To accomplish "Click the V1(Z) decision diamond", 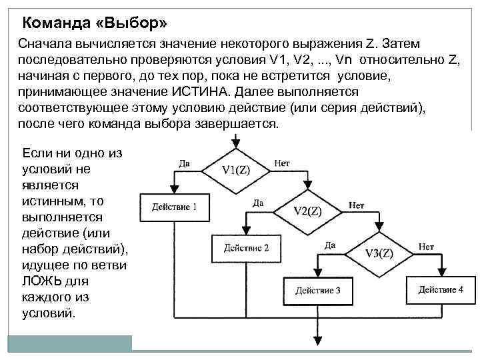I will click(x=235, y=169).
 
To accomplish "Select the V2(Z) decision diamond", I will click(x=308, y=211).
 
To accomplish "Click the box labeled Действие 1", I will click(x=174, y=207).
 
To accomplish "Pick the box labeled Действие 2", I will click(x=246, y=248).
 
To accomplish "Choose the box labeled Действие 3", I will click(x=319, y=290).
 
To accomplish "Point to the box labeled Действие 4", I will click(x=441, y=289).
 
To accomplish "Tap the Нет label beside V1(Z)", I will click(x=281, y=163).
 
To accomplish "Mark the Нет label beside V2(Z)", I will click(x=356, y=204).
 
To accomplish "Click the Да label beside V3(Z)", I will click(x=329, y=246).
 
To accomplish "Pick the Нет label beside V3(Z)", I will click(x=426, y=246).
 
